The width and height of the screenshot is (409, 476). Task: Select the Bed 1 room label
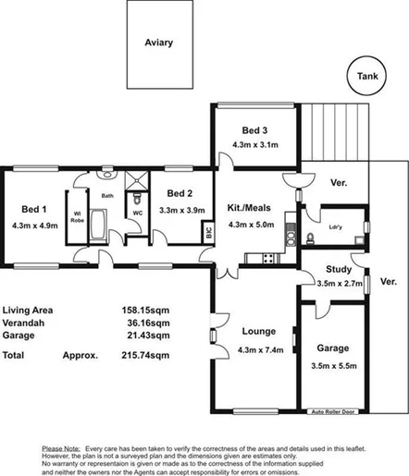(34, 209)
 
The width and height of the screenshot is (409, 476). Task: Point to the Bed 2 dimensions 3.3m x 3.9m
(181, 211)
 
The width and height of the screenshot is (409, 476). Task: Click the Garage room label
(331, 348)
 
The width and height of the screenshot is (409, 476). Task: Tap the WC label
(138, 212)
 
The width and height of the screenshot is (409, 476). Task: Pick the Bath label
(106, 196)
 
